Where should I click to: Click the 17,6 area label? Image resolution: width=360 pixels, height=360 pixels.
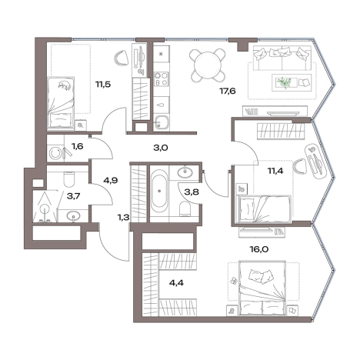point(228,91)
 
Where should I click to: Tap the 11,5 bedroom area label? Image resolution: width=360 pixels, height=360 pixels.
point(103,84)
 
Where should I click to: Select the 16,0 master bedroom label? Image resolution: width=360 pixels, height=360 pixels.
point(259,248)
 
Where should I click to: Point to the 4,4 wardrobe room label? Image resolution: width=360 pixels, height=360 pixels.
point(176,283)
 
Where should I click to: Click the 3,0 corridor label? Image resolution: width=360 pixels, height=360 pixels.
point(160,148)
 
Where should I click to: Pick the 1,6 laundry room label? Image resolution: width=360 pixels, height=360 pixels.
point(78,147)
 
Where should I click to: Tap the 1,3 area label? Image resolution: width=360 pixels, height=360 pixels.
point(123,218)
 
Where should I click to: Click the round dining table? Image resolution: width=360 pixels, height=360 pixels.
point(207,65)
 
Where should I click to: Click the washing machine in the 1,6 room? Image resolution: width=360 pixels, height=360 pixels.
point(55,154)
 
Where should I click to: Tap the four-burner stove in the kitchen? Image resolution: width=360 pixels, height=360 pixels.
point(161,79)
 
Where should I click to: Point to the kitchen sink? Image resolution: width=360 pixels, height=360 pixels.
point(162,122)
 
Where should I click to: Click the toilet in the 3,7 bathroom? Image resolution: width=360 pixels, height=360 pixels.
point(68,178)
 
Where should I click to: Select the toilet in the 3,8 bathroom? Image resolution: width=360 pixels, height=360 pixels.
point(185,208)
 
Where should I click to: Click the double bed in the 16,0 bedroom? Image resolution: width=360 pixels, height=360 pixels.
point(262,288)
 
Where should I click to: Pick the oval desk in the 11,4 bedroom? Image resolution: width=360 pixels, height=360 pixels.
point(315,161)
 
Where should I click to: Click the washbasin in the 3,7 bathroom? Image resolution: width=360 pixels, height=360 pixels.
point(73,216)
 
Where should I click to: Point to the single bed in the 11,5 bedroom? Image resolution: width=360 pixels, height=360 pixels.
point(61,102)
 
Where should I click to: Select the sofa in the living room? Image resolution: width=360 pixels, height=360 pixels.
point(282,58)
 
